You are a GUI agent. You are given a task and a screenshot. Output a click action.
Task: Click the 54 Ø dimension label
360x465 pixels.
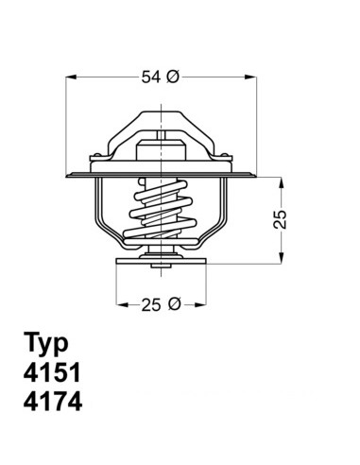pyautogui.click(x=160, y=77)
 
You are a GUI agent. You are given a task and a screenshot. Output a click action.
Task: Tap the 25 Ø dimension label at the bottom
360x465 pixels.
pyautogui.click(x=161, y=304)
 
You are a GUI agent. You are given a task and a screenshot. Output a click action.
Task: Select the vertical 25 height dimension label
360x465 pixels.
pyautogui.click(x=280, y=219)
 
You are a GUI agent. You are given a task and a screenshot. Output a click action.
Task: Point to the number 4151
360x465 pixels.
pyautogui.click(x=52, y=372)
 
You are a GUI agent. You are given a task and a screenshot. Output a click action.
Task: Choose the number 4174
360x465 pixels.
pyautogui.click(x=53, y=401)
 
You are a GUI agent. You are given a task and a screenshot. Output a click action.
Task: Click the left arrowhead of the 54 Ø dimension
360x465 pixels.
pyautogui.click(x=72, y=77)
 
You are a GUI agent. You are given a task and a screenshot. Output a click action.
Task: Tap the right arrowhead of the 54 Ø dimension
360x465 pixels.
pyautogui.click(x=250, y=77)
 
